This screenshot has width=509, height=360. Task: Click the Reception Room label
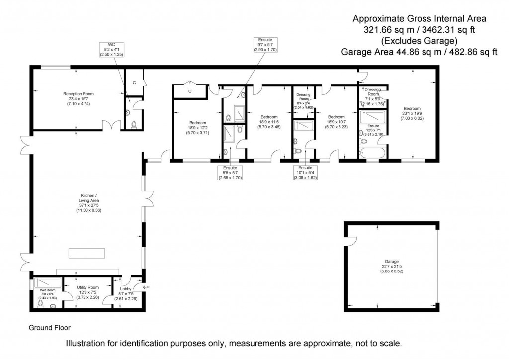pyautogui.click(x=78, y=98)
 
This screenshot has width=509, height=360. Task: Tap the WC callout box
pyautogui.click(x=111, y=51)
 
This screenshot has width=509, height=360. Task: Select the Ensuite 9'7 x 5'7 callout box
pyautogui.click(x=265, y=45)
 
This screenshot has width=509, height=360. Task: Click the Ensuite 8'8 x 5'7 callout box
pyautogui.click(x=230, y=172)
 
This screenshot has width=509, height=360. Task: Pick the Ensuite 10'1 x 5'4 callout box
pyautogui.click(x=305, y=172)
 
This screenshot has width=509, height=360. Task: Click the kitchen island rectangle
pyautogui.click(x=87, y=253)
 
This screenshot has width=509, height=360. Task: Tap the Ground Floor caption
pyautogui.click(x=50, y=328)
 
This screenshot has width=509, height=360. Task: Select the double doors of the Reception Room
pyautogui.click(x=115, y=124)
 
